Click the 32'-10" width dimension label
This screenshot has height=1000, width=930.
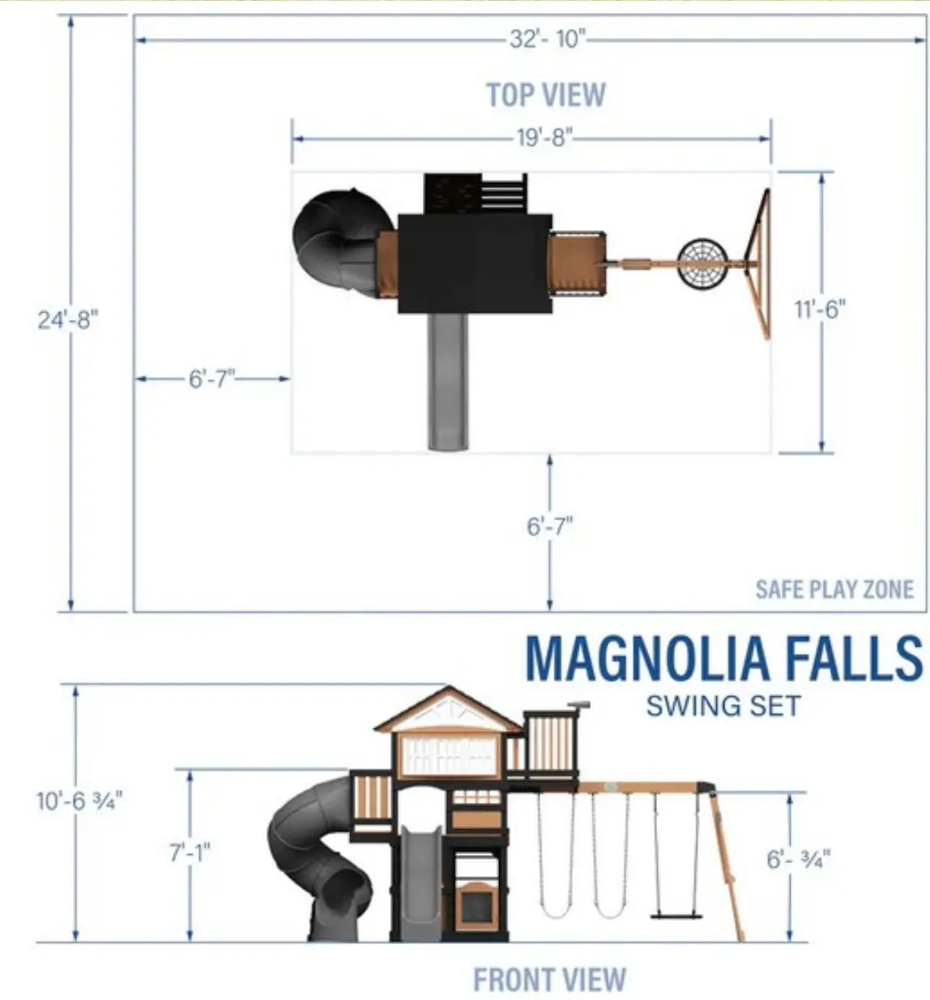tap(548, 39)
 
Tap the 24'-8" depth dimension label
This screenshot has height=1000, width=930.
tap(69, 320)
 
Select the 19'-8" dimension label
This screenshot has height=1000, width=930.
tap(545, 137)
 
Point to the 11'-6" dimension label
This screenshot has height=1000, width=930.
tap(821, 309)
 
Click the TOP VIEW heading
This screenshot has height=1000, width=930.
tap(546, 94)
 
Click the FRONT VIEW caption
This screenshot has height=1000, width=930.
tap(549, 980)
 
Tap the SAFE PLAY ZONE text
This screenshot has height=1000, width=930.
tap(834, 589)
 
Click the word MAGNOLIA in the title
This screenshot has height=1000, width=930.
tap(647, 658)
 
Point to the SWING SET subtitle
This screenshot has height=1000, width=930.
tap(723, 706)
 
